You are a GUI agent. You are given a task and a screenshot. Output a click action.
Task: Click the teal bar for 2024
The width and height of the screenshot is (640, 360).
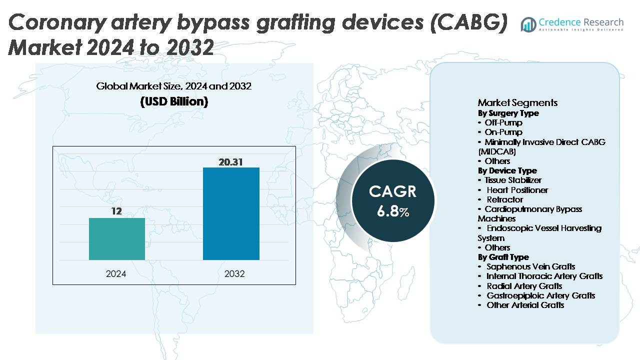click(117, 239)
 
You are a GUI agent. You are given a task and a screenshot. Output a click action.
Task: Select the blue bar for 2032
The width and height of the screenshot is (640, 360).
click(231, 213)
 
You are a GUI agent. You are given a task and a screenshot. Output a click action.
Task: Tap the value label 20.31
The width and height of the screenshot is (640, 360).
click(230, 162)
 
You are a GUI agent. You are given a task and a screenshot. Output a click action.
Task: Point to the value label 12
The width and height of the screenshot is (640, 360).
click(116, 211)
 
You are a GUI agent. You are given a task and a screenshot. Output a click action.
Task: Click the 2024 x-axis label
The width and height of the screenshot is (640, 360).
click(116, 273)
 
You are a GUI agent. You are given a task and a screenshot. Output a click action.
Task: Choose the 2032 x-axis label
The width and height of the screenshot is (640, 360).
click(234, 273)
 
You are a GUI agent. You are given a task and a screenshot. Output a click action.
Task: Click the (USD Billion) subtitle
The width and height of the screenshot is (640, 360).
click(174, 101)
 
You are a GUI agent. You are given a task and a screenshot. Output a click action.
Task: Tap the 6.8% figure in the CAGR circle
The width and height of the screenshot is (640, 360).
click(393, 211)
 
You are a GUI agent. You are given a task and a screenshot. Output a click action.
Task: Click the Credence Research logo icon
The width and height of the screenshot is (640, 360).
click(528, 24)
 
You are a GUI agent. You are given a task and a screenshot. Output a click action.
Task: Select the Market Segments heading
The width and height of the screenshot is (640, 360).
click(517, 102)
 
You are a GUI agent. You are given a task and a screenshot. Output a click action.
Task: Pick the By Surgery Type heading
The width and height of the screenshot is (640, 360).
click(508, 113)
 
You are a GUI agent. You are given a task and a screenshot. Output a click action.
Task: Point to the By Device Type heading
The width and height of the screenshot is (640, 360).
click(507, 170)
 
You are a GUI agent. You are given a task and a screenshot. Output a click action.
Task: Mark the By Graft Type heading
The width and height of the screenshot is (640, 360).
click(503, 257)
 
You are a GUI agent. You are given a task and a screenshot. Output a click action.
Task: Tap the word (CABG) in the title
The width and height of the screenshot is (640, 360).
click(469, 22)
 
